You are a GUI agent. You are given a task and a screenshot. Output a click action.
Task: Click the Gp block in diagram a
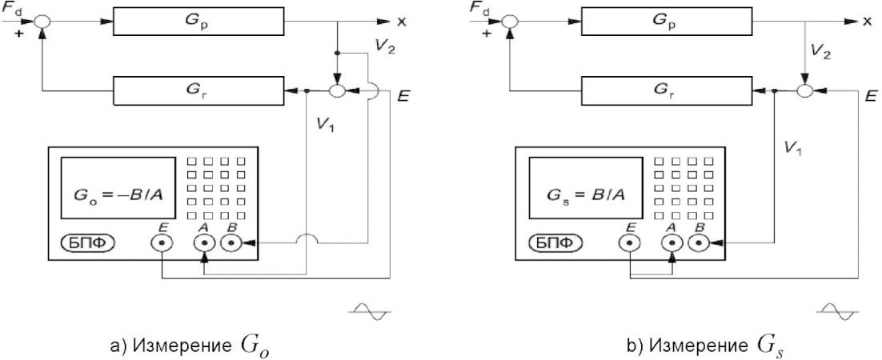point(198,22)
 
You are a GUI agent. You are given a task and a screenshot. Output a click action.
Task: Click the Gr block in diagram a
point(198,90)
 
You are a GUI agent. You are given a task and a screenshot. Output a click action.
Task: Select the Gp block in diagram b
point(667,22)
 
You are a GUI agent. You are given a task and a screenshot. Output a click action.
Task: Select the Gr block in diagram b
point(667,90)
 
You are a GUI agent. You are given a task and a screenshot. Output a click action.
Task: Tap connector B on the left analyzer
point(231,243)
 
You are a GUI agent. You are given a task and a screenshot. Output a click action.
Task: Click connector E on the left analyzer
point(162,243)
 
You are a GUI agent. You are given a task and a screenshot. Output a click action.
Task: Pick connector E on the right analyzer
point(629,243)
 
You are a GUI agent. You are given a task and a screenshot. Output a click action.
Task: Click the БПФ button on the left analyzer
point(87,243)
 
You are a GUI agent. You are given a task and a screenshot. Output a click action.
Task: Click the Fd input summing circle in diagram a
point(42,22)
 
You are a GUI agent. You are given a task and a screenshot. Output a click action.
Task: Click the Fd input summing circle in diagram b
point(510,22)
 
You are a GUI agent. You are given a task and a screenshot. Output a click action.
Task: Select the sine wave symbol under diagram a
point(370,310)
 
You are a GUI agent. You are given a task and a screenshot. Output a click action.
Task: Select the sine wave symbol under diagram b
point(837,310)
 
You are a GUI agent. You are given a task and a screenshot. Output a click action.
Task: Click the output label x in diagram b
point(869,22)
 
